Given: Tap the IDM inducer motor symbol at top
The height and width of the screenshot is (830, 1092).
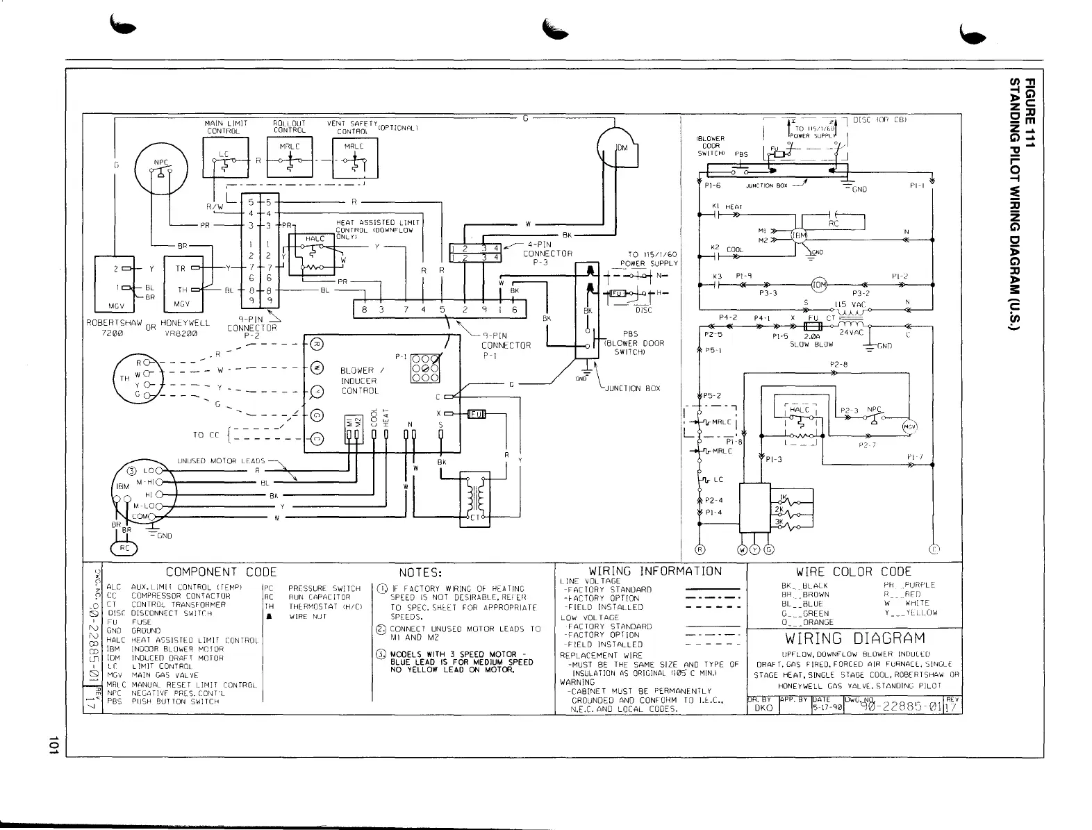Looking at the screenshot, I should (620, 149).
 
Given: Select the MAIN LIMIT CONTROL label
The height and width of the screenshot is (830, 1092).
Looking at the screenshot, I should (222, 126).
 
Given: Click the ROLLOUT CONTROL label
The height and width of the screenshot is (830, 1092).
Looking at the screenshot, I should (289, 126).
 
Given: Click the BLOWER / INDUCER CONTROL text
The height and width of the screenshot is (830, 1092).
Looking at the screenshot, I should (358, 381).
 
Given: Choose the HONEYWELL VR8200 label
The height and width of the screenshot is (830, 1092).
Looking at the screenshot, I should (184, 327).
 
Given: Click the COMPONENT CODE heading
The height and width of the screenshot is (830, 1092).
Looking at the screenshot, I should (221, 572).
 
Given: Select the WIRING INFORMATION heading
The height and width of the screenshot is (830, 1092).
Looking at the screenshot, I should (655, 571).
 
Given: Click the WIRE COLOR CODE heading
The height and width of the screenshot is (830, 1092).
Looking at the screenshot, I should (852, 572).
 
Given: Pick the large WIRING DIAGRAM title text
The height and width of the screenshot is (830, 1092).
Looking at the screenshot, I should (854, 638).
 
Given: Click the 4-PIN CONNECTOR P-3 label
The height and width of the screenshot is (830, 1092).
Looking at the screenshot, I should (547, 254).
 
